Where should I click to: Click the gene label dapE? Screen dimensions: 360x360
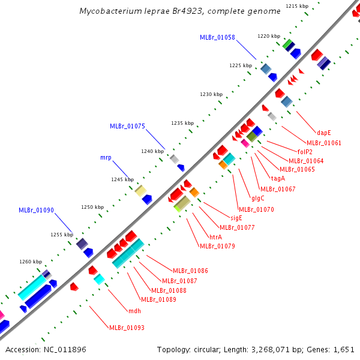(x=324, y=133)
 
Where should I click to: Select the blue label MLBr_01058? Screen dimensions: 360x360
(x=217, y=37)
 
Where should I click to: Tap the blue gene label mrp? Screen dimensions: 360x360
(x=106, y=158)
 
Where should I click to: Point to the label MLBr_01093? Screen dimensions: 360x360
(x=126, y=328)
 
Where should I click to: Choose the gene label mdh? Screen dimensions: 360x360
(x=134, y=311)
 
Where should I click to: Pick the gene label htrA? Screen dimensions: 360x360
(x=215, y=237)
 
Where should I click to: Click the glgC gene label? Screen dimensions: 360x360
(x=258, y=198)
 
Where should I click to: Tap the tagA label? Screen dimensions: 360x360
(x=278, y=178)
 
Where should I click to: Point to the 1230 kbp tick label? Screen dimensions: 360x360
(x=211, y=95)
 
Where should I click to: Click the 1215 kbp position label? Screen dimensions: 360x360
(x=297, y=6)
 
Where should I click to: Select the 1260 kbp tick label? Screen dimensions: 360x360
(x=31, y=262)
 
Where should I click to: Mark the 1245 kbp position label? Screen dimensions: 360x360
(x=122, y=179)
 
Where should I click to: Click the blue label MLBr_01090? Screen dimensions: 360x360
(x=36, y=211)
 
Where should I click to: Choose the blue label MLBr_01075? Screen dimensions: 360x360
(x=127, y=126)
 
